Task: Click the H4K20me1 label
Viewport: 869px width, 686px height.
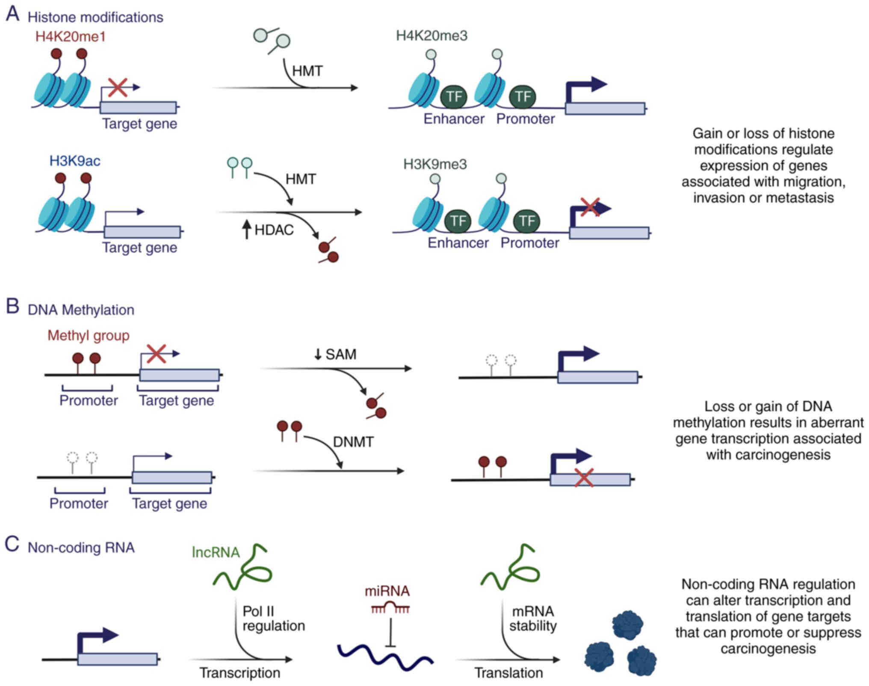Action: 70,37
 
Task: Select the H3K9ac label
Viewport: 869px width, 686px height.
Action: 75,161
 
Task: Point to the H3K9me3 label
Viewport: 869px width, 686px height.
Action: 435,164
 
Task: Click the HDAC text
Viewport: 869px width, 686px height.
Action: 274,230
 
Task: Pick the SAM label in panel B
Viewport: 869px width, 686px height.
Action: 340,354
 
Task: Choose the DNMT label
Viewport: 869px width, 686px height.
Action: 353,442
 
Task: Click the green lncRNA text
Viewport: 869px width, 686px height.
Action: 216,552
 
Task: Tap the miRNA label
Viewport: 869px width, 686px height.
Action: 387,591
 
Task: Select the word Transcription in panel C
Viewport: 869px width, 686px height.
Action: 240,673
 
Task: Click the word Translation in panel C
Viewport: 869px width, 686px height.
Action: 508,673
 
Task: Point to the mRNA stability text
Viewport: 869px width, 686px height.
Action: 533,618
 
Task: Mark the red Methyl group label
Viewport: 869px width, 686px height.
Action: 88,336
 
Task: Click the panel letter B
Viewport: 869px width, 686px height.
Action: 12,307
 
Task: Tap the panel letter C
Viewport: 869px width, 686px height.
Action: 12,545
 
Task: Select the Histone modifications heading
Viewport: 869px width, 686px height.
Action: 95,17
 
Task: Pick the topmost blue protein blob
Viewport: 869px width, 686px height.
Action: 627,625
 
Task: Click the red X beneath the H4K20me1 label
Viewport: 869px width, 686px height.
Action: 117,88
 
